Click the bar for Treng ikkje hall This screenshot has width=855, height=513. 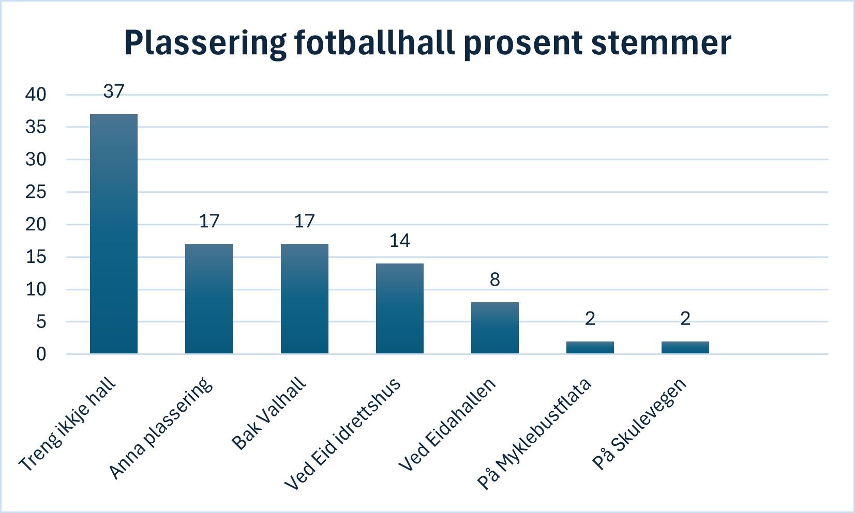tap(114, 234)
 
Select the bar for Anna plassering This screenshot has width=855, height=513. tap(209, 299)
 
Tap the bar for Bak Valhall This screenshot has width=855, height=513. tap(304, 299)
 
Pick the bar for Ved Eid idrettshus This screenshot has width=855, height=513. tap(399, 308)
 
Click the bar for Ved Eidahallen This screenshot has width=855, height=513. tap(494, 328)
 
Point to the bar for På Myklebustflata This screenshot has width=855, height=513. tap(590, 348)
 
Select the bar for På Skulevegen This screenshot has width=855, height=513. tap(685, 348)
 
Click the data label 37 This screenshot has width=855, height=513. tap(114, 91)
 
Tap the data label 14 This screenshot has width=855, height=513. tap(399, 241)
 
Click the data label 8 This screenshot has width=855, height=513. tap(494, 280)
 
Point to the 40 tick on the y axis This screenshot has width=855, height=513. tap(36, 95)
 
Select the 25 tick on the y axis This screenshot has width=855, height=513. tap(36, 192)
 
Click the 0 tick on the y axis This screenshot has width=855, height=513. tap(41, 354)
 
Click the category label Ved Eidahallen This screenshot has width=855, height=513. tap(447, 425)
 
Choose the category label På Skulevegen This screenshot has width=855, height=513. tap(639, 425)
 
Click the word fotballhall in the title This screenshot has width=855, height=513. tap(375, 42)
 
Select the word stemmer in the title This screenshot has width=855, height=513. tap(661, 42)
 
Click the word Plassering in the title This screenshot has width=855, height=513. tap(205, 42)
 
